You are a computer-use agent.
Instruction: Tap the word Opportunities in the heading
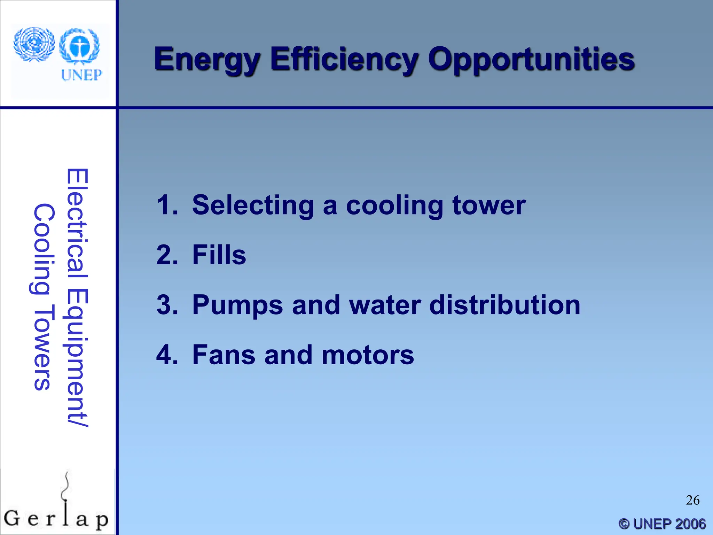(531, 60)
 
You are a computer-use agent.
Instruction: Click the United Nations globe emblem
(34, 45)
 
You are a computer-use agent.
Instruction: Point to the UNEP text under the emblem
(81, 75)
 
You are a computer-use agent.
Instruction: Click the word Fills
(219, 255)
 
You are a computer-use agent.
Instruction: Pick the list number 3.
(167, 305)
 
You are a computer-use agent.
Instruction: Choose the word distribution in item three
(505, 305)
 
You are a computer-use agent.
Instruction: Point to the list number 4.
(167, 355)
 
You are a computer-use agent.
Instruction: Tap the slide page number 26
(692, 500)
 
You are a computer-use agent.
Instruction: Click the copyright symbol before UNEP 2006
(624, 524)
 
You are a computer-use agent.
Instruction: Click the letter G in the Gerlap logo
(12, 518)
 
